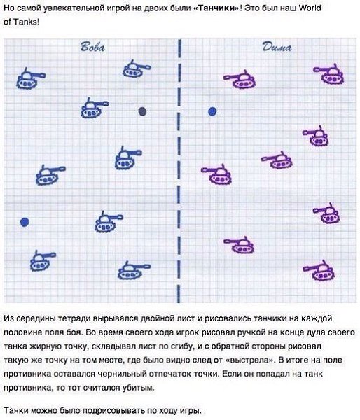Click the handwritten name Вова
pyautogui.click(x=92, y=47)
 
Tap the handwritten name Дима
pyautogui.click(x=277, y=47)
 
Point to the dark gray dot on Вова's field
pyautogui.click(x=142, y=111)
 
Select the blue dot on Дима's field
pyautogui.click(x=212, y=111)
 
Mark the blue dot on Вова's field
pyautogui.click(x=25, y=222)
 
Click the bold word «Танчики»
pyautogui.click(x=216, y=8)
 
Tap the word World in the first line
pyautogui.click(x=310, y=8)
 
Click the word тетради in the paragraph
pyautogui.click(x=74, y=318)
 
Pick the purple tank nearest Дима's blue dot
pyautogui.click(x=240, y=79)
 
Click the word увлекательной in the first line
pyautogui.click(x=71, y=8)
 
